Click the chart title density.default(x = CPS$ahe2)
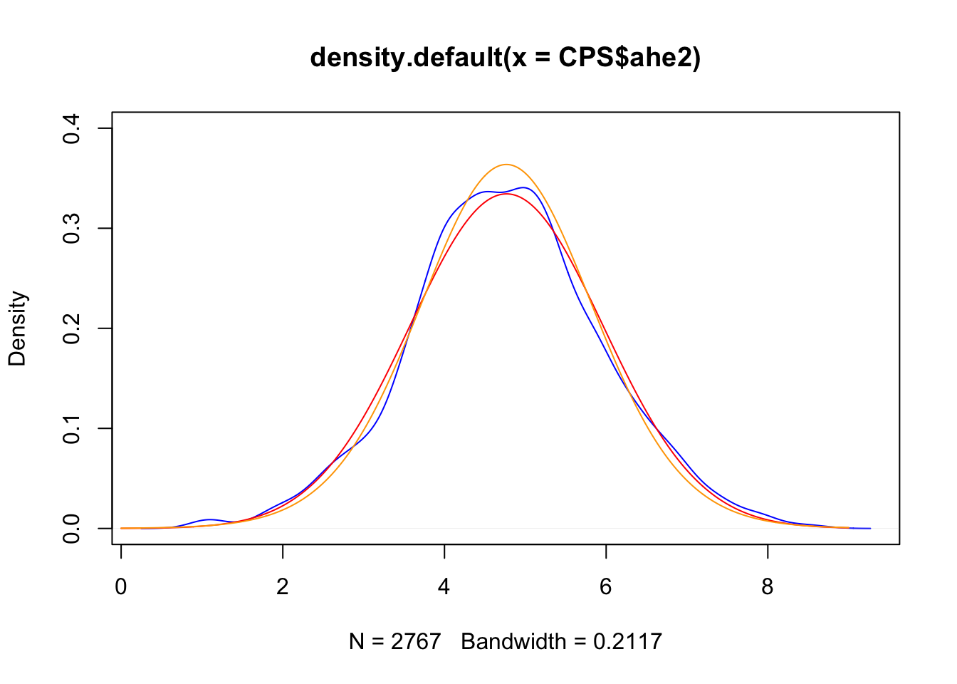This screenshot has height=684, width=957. pyautogui.click(x=505, y=57)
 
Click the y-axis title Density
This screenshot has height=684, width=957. pyautogui.click(x=17, y=328)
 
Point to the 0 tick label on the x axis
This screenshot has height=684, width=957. pyautogui.click(x=121, y=586)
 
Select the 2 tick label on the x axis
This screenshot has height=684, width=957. pyautogui.click(x=283, y=586)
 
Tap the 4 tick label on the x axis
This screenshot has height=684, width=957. pyautogui.click(x=444, y=586)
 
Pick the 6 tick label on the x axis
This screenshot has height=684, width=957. pyautogui.click(x=606, y=586)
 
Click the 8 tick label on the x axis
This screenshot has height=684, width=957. pyautogui.click(x=768, y=586)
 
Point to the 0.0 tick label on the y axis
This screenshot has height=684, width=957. pyautogui.click(x=72, y=528)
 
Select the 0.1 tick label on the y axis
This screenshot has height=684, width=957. pyautogui.click(x=72, y=428)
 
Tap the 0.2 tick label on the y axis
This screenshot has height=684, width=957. pyautogui.click(x=72, y=328)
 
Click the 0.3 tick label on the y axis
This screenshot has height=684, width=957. pyautogui.click(x=72, y=228)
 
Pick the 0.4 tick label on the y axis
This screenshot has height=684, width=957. pyautogui.click(x=72, y=128)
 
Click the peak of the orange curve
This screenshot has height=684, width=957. pyautogui.click(x=506, y=165)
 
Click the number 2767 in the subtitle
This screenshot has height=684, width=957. pyautogui.click(x=416, y=641)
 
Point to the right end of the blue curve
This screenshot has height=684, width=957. pyautogui.click(x=870, y=528)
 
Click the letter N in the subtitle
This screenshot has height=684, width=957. pyautogui.click(x=356, y=641)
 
